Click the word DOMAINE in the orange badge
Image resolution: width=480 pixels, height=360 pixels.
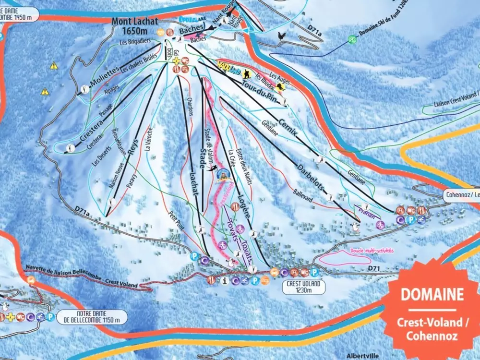[432, 294]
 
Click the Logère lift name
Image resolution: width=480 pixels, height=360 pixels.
[243, 204]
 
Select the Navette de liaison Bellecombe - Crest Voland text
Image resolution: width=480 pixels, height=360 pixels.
[80, 278]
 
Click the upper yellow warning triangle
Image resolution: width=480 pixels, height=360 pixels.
[54, 66]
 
